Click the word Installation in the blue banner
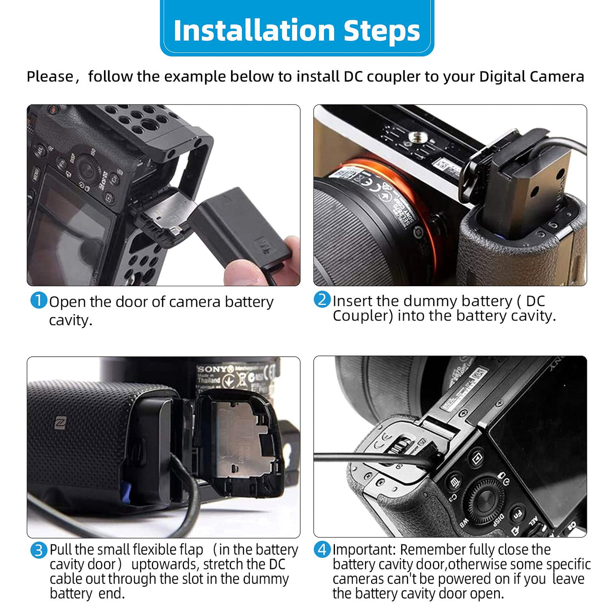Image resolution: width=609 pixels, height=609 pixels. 254,30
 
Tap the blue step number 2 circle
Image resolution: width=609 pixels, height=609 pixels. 322,299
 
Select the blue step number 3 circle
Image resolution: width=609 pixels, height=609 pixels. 39,550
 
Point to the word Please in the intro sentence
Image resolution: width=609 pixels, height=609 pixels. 50,77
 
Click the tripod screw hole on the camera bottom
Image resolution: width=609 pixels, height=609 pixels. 418,137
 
